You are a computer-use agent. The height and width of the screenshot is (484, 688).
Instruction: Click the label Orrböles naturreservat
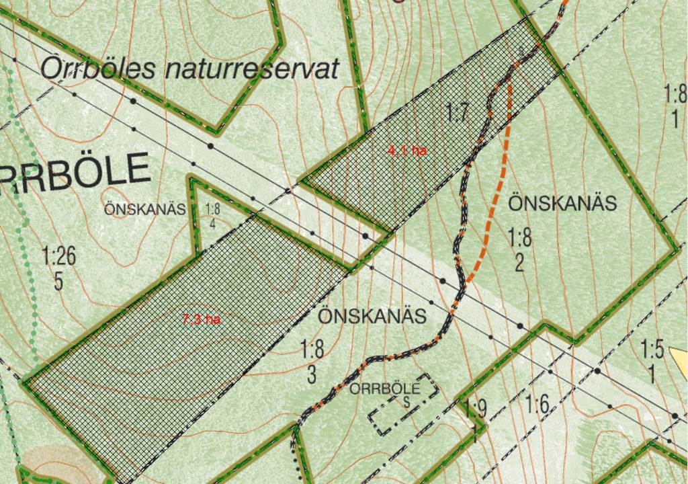tap(189, 69)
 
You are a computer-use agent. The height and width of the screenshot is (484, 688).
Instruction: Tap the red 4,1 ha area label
tap(407, 151)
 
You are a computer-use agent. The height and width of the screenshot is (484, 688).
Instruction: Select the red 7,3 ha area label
tap(202, 319)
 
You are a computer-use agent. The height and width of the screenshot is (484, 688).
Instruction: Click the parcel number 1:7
tap(458, 112)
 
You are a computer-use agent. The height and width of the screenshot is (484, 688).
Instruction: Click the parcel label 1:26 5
tap(59, 268)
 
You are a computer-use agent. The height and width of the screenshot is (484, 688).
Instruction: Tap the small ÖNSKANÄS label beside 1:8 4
tap(144, 209)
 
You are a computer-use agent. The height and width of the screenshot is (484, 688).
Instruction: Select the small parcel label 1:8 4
tap(213, 216)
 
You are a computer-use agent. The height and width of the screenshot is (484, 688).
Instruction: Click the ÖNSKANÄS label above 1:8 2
tap(562, 203)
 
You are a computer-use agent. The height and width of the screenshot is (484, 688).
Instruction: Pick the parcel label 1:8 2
tap(519, 249)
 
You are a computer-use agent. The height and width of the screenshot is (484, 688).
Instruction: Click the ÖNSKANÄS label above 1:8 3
tap(372, 316)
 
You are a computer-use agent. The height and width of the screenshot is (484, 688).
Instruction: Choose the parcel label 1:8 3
tap(312, 362)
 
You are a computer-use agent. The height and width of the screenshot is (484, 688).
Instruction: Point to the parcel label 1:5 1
tap(652, 360)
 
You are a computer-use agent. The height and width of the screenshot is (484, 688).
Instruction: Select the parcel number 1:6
tap(537, 405)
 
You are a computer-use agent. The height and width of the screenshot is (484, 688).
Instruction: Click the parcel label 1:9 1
tap(476, 418)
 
